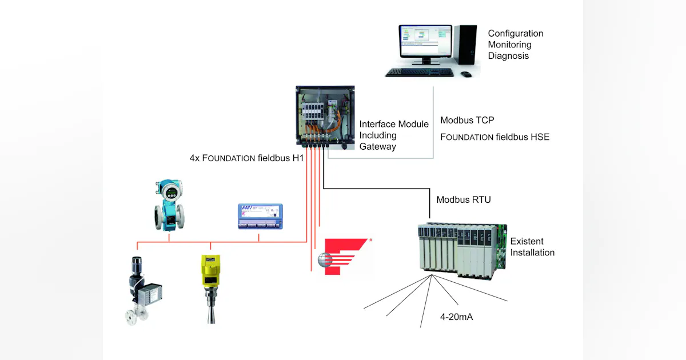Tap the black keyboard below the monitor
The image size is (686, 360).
[x=420, y=73]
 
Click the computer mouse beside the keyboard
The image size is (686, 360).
[x=466, y=74]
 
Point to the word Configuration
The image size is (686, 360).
[x=515, y=34]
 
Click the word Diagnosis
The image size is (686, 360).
[x=508, y=56]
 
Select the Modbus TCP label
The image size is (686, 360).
[x=467, y=121]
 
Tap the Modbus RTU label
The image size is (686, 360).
[x=464, y=200]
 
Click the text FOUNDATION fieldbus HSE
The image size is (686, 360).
[x=494, y=137]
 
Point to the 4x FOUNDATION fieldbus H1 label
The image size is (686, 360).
[x=246, y=158]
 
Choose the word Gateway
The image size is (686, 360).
[x=377, y=146]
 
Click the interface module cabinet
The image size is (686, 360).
[x=325, y=118]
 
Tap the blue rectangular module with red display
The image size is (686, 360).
[x=260, y=216]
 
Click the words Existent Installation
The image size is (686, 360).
[x=532, y=247]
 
